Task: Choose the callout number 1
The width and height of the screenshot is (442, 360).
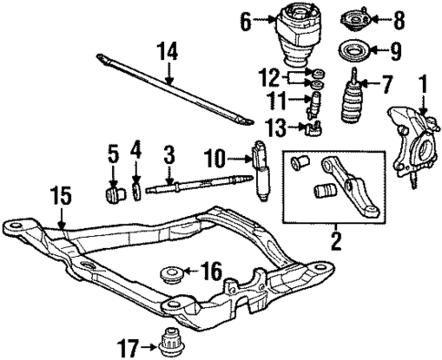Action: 421,86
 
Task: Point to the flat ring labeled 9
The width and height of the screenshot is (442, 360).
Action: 353,48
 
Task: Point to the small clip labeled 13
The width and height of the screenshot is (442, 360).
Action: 316,126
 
